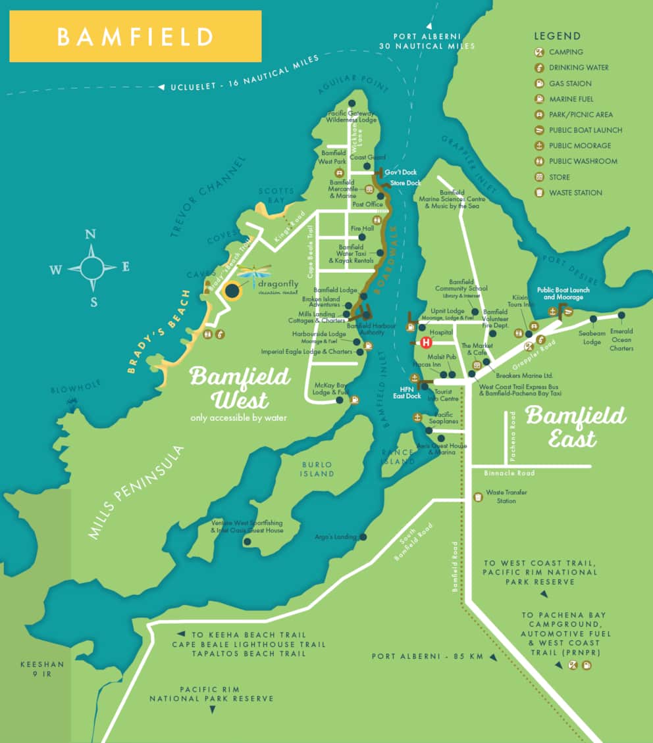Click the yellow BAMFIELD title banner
tap(135, 36)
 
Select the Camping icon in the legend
tap(539, 52)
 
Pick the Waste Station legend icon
tap(539, 193)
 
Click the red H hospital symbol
tap(426, 343)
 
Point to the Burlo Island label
tap(316, 469)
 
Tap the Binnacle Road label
tap(510, 473)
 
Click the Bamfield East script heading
tap(575, 426)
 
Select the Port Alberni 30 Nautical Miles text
tap(426, 41)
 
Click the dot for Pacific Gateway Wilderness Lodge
tap(352, 103)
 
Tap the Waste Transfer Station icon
tap(477, 496)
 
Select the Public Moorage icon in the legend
tap(539, 146)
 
